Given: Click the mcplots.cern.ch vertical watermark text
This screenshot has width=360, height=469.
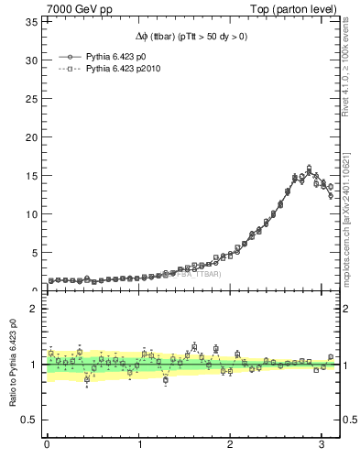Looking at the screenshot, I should pos(350,215).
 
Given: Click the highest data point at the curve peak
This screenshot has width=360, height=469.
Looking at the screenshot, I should pos(309,169).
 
